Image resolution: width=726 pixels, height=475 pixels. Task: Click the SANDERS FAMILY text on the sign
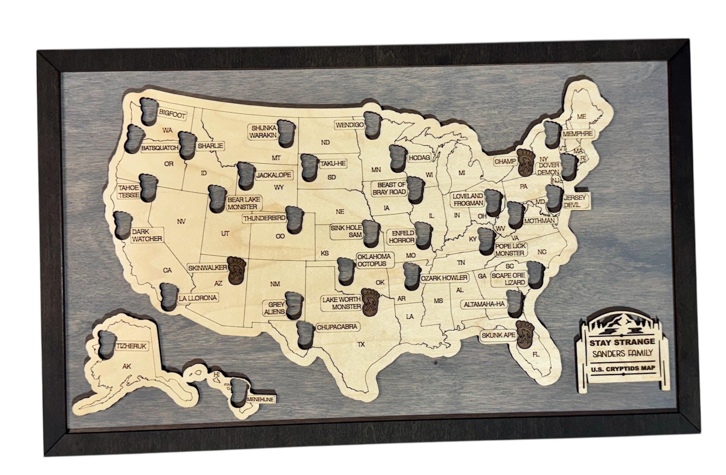pyautogui.click(x=622, y=353)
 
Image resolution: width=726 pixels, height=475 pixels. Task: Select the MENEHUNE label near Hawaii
pyautogui.click(x=260, y=399)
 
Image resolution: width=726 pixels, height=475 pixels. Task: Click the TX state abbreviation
pyautogui.click(x=361, y=344)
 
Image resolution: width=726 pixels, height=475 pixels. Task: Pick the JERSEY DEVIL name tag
pyautogui.click(x=575, y=201)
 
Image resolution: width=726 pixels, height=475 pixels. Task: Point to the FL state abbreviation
pyautogui.click(x=536, y=355)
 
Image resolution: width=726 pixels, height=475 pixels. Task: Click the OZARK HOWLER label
pyautogui.click(x=444, y=278)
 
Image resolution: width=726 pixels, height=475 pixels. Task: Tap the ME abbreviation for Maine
pyautogui.click(x=581, y=116)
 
